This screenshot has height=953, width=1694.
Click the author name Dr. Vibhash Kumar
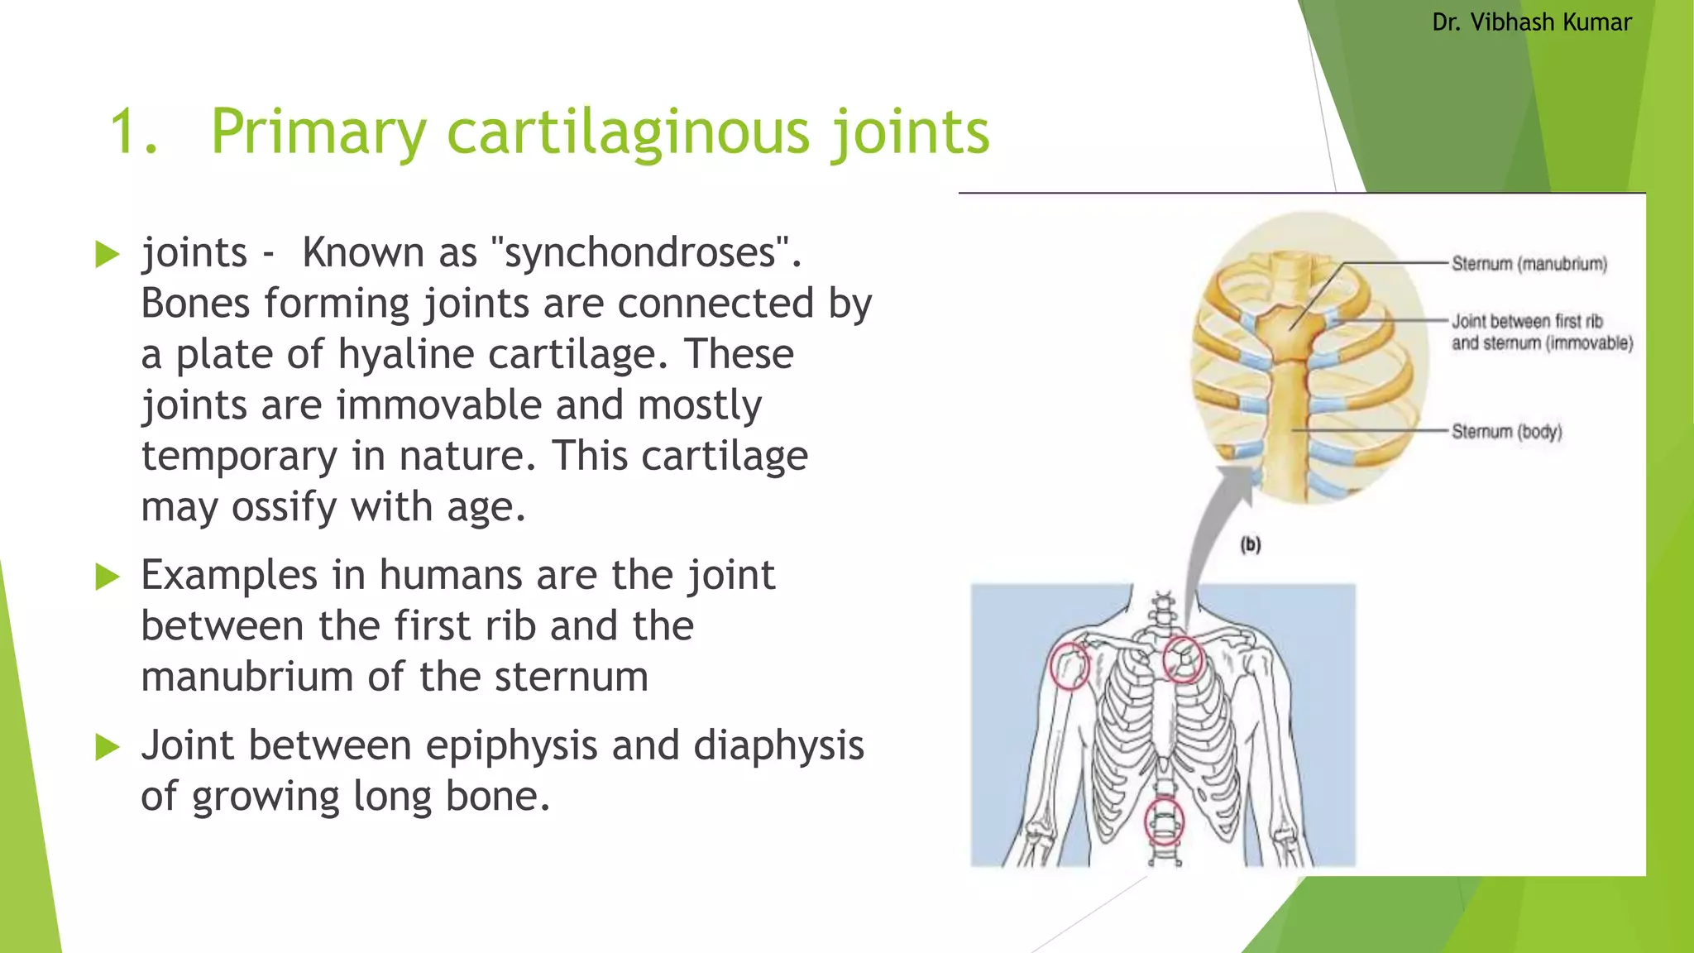(x=1531, y=22)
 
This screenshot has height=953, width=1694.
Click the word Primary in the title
(x=318, y=132)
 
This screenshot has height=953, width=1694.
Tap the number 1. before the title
(x=133, y=132)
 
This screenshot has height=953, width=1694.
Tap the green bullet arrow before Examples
(x=108, y=576)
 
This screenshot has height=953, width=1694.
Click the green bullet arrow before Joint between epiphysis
(x=108, y=746)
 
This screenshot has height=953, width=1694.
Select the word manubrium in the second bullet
(x=247, y=677)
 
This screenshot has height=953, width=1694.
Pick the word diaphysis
(x=778, y=745)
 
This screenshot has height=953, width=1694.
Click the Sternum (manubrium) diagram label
(x=1529, y=264)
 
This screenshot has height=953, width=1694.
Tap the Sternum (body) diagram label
(x=1506, y=431)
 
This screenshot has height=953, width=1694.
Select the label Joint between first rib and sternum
(x=1541, y=332)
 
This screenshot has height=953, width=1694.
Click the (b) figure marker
(x=1250, y=544)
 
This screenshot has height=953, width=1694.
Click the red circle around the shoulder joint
(x=1070, y=666)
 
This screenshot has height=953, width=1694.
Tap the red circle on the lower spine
(x=1164, y=821)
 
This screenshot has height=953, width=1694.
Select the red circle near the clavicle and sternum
(x=1182, y=659)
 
